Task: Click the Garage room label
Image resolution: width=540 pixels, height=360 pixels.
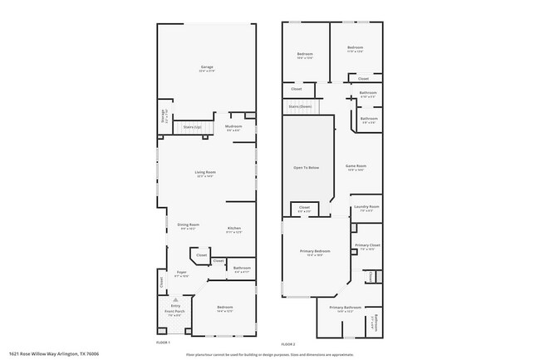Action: tap(207, 67)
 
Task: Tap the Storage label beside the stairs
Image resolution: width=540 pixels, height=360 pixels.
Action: tap(163, 117)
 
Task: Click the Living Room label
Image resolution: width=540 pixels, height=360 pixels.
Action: tap(206, 173)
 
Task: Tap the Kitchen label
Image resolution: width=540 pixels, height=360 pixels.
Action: tap(234, 229)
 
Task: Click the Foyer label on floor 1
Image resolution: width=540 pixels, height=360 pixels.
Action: tap(182, 273)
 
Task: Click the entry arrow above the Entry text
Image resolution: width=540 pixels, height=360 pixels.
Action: tap(175, 299)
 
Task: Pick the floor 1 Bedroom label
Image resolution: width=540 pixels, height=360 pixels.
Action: tap(225, 308)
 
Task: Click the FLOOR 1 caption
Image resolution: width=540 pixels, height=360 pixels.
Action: tap(163, 343)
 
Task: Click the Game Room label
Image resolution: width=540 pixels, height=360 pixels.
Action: tap(356, 166)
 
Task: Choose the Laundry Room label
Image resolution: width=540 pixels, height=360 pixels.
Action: tap(366, 207)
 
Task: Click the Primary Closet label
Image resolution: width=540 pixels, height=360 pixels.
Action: tap(367, 246)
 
